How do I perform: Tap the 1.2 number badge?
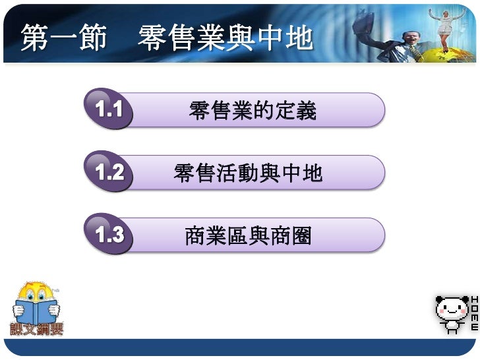[x=109, y=173]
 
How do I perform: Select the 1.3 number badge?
[x=109, y=235]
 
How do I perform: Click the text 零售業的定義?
[x=253, y=111]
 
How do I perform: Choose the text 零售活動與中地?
[x=248, y=173]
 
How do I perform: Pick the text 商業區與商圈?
[x=248, y=235]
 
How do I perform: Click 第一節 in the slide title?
[x=63, y=38]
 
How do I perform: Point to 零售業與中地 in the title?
[x=225, y=38]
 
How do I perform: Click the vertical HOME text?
[x=473, y=314]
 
